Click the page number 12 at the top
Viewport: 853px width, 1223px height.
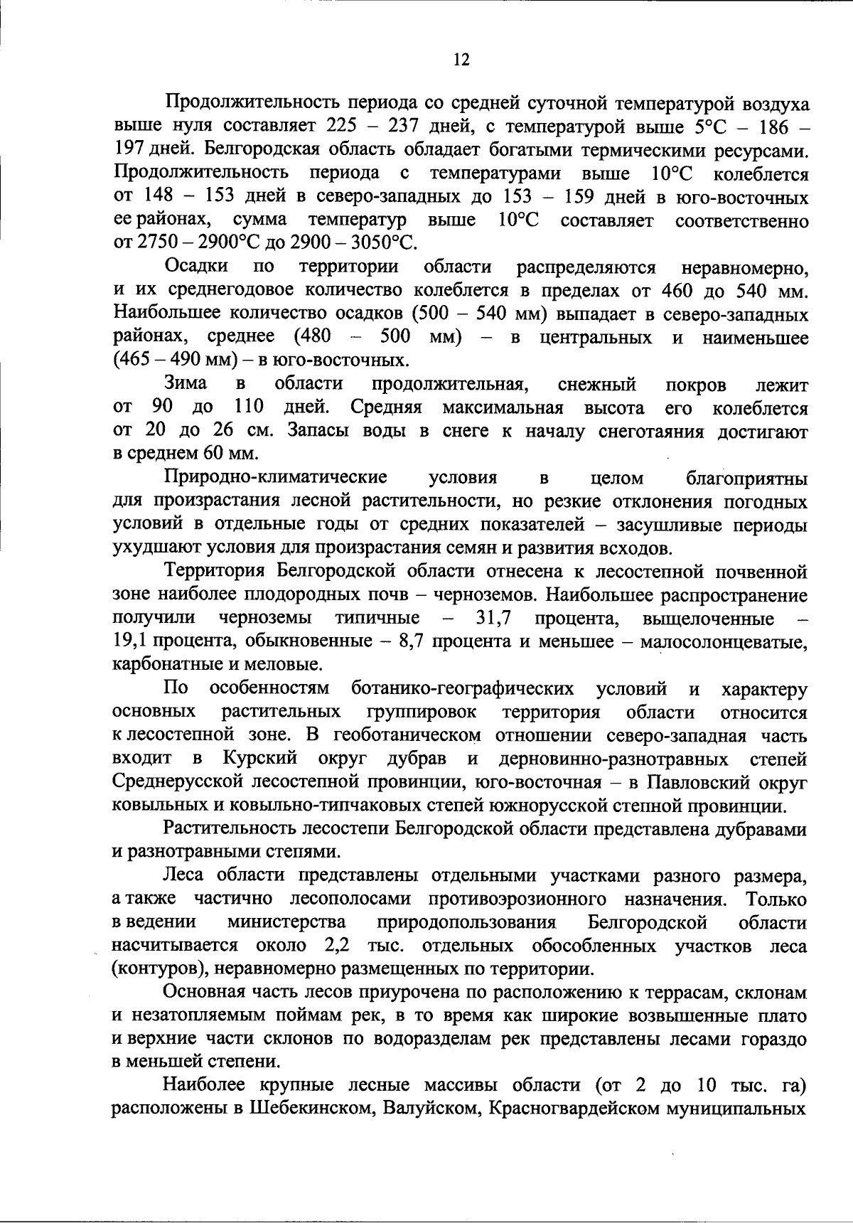point(461,60)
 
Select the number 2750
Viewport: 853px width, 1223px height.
point(159,243)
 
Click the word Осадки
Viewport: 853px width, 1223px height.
point(196,267)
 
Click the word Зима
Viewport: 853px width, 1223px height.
point(186,384)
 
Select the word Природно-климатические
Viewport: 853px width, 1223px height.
point(276,478)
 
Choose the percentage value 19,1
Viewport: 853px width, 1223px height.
point(130,641)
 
